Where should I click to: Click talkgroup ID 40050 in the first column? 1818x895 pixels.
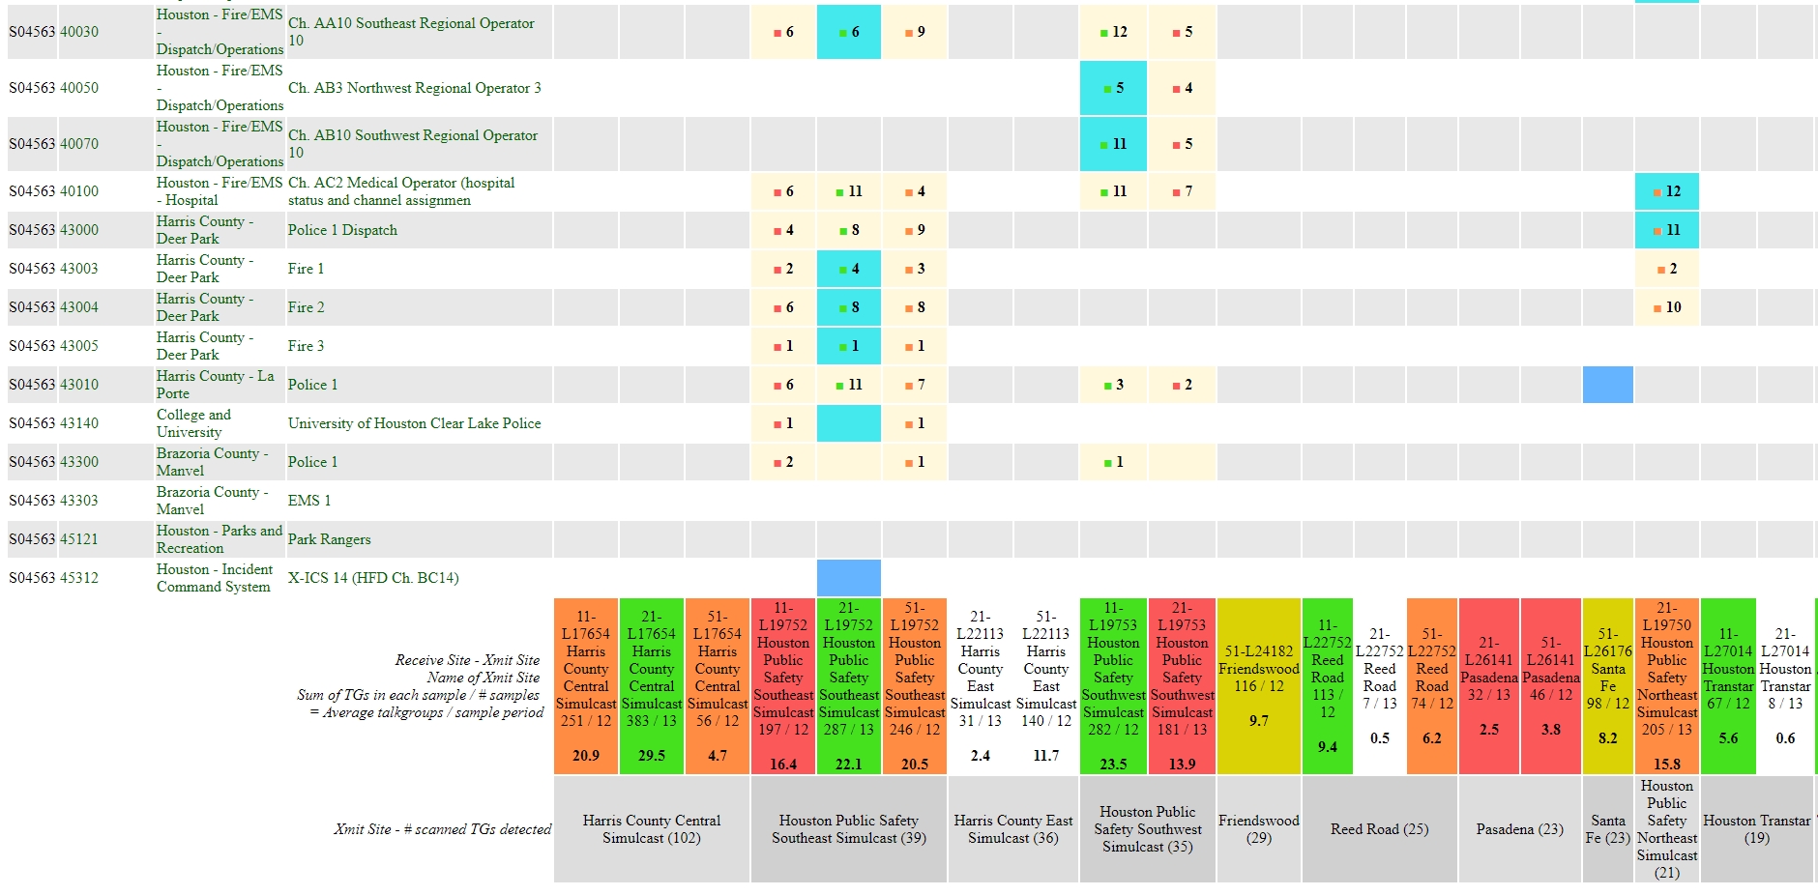coord(79,88)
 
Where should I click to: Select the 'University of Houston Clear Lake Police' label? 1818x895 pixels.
coord(414,423)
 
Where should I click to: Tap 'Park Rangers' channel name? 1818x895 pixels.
coord(329,539)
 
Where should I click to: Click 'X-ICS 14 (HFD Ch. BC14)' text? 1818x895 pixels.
coord(373,578)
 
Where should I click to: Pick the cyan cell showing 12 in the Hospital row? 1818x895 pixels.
coord(1666,191)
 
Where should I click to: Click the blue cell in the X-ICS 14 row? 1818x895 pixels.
coord(848,578)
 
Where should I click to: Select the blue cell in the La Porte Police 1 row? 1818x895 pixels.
coord(1607,385)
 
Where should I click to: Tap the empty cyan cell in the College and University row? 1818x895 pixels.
coord(848,423)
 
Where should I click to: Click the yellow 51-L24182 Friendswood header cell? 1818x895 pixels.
coord(1258,686)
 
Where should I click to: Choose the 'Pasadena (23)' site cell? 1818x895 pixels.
coord(1519,829)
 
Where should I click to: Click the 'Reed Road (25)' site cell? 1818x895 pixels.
coord(1379,829)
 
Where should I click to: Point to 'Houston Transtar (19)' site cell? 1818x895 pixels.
coord(1756,829)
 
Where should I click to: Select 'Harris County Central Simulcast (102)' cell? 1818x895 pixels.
coord(652,829)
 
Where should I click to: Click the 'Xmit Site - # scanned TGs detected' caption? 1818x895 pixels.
coord(442,829)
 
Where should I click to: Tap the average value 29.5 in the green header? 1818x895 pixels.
coord(652,756)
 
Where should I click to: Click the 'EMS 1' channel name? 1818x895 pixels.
coord(309,501)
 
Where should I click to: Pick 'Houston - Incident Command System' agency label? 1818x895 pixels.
coord(215,578)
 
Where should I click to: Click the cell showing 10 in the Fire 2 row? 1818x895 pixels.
coord(1666,307)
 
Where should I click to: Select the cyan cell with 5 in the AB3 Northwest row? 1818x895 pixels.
coord(1113,88)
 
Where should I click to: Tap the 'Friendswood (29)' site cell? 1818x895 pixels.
coord(1258,829)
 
